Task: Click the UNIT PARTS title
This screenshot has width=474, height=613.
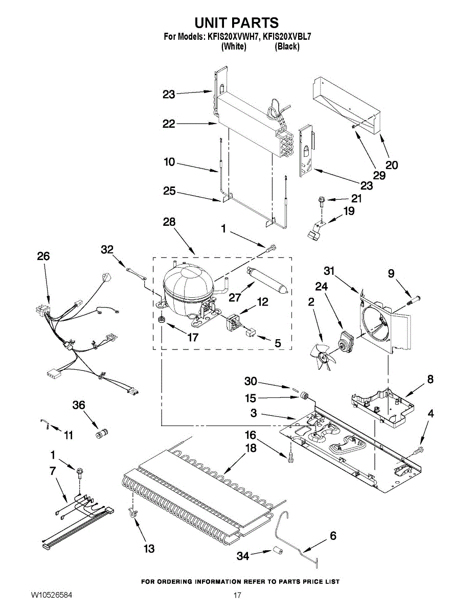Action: [236, 22]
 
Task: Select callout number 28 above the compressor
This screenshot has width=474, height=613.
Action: [169, 222]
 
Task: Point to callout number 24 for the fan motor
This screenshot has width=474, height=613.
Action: [321, 287]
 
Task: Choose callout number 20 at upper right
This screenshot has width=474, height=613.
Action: [392, 165]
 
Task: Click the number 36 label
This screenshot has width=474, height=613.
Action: [78, 405]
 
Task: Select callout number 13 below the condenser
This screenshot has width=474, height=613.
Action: [149, 549]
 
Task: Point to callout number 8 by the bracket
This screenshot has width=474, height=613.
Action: [430, 379]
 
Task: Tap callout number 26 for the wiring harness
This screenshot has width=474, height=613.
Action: [43, 256]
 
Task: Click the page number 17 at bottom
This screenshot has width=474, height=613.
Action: [237, 595]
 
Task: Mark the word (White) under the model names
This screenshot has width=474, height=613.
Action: [234, 46]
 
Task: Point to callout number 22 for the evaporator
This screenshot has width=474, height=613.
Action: [169, 124]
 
